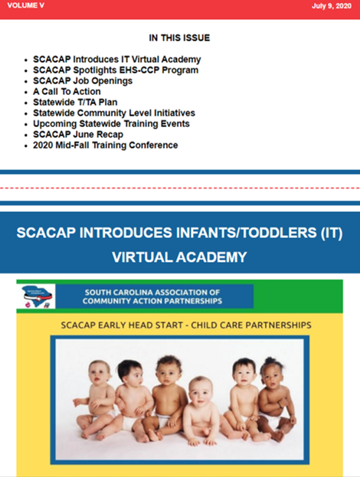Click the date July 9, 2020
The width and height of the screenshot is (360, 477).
click(x=332, y=6)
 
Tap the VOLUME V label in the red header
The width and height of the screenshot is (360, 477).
click(x=25, y=5)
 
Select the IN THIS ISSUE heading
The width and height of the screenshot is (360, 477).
click(x=179, y=38)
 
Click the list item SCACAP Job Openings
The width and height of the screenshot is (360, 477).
click(x=83, y=81)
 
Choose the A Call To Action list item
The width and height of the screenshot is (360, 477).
click(x=67, y=92)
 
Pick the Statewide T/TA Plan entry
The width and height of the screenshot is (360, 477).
click(x=75, y=103)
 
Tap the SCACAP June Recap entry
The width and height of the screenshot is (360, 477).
click(x=78, y=135)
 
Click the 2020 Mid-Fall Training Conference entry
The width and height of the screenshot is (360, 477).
click(x=105, y=145)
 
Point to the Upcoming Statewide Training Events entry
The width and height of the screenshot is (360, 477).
click(x=111, y=124)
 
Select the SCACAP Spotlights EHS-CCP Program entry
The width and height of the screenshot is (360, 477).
click(x=116, y=70)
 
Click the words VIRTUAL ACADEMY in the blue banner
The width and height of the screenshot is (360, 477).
click(x=179, y=257)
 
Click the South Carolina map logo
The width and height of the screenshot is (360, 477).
click(x=36, y=296)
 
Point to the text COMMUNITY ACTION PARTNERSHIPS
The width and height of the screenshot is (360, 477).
click(x=152, y=301)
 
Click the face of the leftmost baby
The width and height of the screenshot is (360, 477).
click(x=98, y=372)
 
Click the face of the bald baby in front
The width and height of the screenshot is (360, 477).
click(x=200, y=393)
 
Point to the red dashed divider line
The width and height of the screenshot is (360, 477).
click(x=180, y=188)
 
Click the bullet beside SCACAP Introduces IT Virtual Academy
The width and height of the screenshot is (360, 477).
click(x=26, y=60)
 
